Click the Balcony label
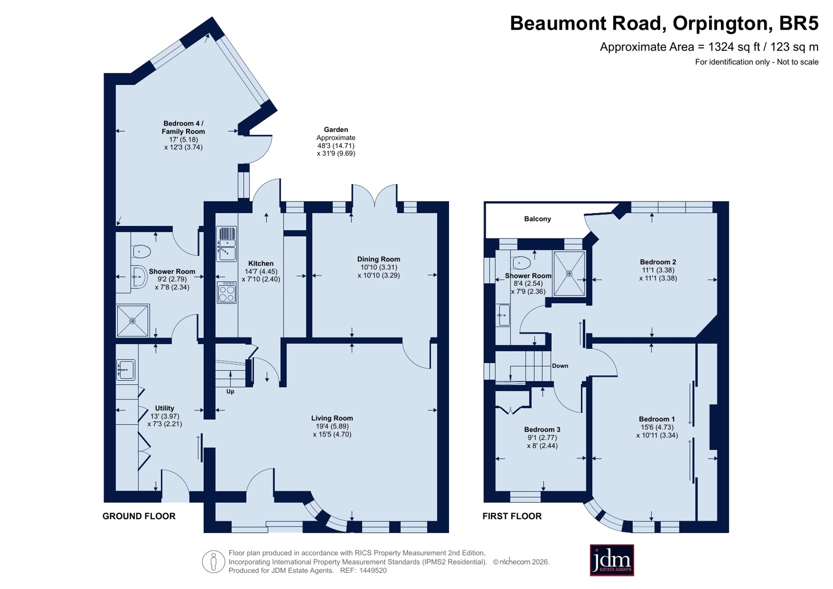tap(537, 219)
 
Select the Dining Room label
tap(379, 259)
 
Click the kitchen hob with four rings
tap(227, 292)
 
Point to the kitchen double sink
tap(227, 244)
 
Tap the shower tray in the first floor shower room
tap(569, 274)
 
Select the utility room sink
tap(126, 370)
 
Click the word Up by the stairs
tap(230, 392)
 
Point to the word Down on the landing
tap(560, 366)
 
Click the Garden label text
tap(336, 129)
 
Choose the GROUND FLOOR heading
tap(139, 516)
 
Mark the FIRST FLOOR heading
tap(512, 516)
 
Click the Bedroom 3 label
tap(542, 430)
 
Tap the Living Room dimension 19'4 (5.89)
tap(332, 426)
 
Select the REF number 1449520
tap(372, 570)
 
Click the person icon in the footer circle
tap(214, 561)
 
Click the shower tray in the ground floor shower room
tap(133, 320)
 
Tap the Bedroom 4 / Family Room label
tap(183, 127)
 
